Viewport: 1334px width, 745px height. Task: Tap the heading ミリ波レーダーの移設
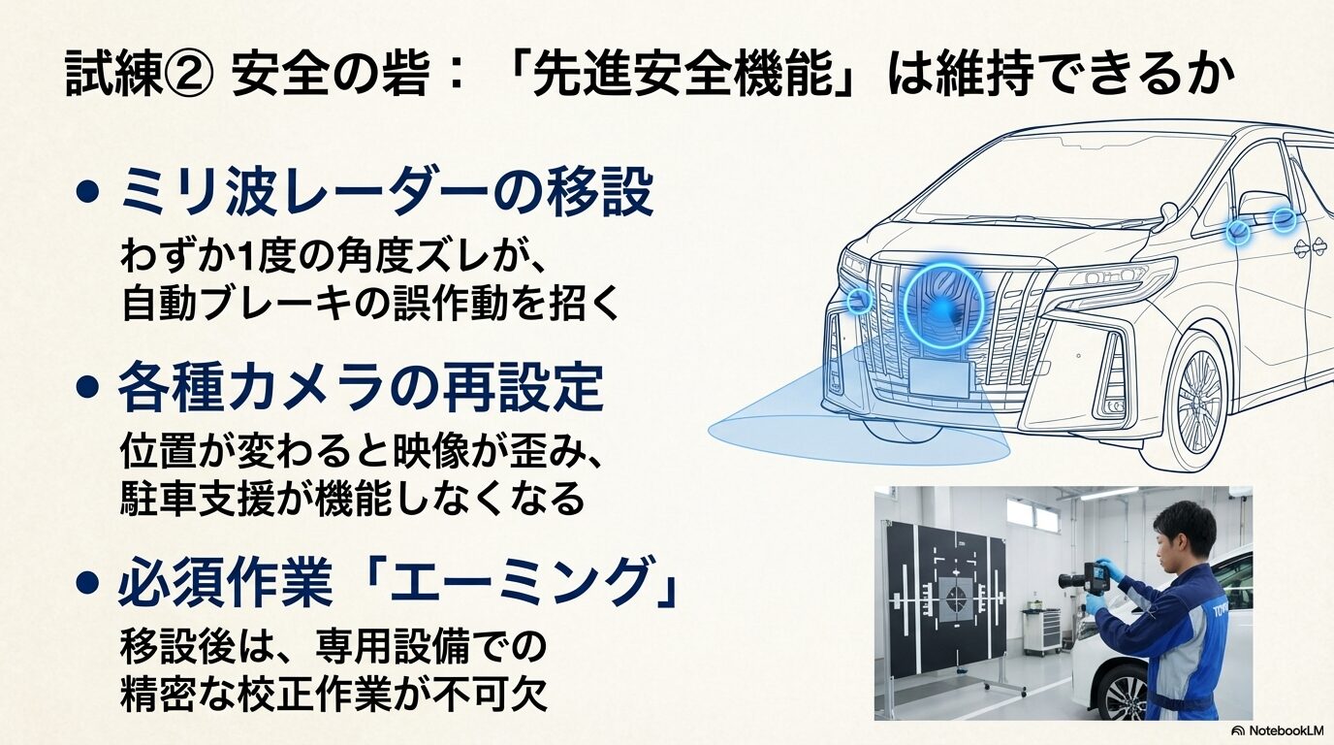point(386,194)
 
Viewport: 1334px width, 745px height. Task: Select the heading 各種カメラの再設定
point(361,390)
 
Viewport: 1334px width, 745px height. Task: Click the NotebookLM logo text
point(1278,730)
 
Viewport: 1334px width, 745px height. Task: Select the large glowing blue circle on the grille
point(943,308)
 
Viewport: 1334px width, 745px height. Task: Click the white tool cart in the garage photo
point(1041,631)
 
